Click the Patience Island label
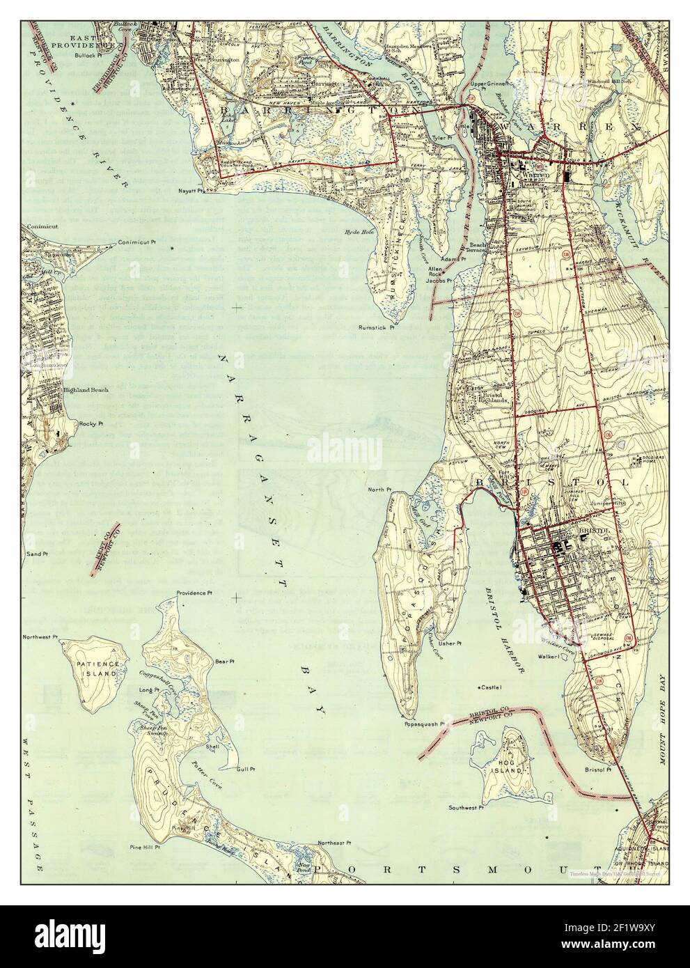pos(99,670)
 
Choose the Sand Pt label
pos(36,554)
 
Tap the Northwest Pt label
pos(40,637)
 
